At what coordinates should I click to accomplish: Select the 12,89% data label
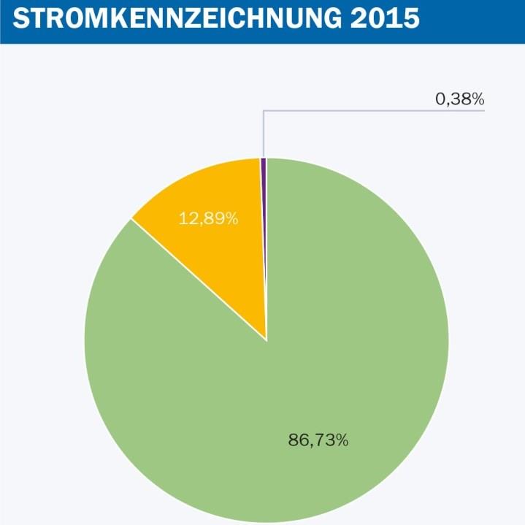209,218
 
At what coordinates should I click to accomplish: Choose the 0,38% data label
460,99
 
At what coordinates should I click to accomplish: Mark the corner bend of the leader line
264,111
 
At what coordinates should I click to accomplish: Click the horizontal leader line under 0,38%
372,111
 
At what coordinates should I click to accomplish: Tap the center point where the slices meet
267,340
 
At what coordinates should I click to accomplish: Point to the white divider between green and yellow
197,278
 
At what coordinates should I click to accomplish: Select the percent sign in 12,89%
232,218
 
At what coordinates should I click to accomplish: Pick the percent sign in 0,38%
478,99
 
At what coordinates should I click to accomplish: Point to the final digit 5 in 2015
410,18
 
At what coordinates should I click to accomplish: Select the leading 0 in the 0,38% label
440,99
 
